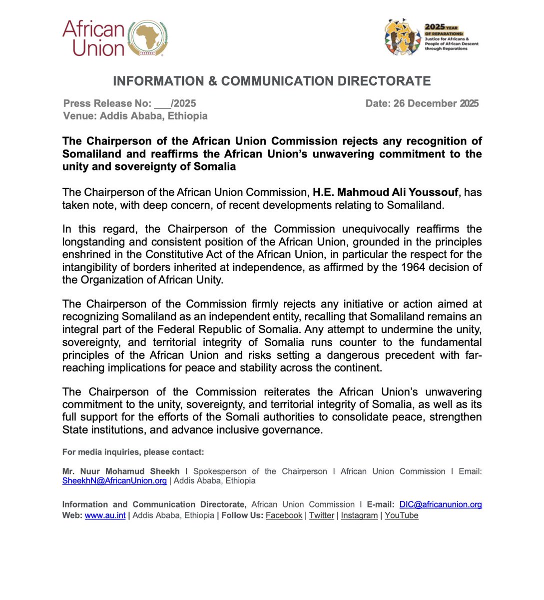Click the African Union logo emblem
[x=148, y=38]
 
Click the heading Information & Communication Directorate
[x=272, y=81]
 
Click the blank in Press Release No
[x=162, y=104]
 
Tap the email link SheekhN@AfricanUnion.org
[x=114, y=481]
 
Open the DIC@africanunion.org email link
[x=441, y=504]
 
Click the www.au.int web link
[x=105, y=515]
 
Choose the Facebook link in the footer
[x=284, y=515]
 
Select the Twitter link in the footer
[x=322, y=515]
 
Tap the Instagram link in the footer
[x=359, y=515]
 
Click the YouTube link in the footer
[x=402, y=515]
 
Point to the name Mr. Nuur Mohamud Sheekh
[x=121, y=471]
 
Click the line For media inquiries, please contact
[x=133, y=452]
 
